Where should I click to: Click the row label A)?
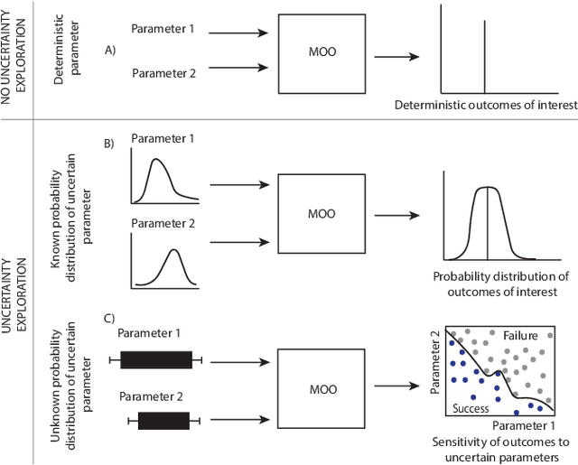[x=111, y=51]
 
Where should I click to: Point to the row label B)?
[x=109, y=144]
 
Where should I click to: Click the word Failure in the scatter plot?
[x=520, y=336]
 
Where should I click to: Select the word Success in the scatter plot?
[x=471, y=409]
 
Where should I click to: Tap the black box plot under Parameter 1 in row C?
[x=155, y=360]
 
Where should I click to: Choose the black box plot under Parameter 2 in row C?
[x=163, y=420]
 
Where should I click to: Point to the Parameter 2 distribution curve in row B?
[x=172, y=262]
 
